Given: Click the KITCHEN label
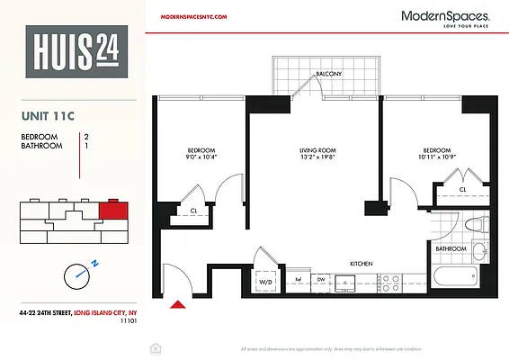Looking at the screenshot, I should (x=362, y=264).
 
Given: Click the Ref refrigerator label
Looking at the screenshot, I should (x=299, y=280).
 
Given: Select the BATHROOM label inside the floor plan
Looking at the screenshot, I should (x=451, y=247).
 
